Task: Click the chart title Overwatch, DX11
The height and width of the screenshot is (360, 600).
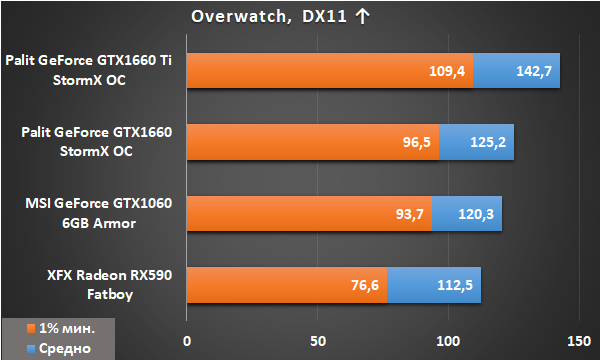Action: click(x=269, y=16)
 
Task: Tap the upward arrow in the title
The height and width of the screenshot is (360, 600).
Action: click(x=362, y=16)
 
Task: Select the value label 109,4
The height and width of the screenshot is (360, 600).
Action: click(x=447, y=71)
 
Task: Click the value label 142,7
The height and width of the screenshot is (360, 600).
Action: click(x=534, y=71)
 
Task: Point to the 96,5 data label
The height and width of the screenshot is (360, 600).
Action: click(x=416, y=142)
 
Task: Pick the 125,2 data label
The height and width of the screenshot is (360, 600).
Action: click(x=488, y=142)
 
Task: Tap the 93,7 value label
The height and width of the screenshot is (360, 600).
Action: click(x=409, y=214)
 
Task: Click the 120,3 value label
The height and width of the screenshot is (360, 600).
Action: click(x=476, y=214)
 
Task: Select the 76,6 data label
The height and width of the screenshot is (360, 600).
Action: click(x=365, y=285)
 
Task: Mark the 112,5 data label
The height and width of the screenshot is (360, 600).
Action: click(x=455, y=285)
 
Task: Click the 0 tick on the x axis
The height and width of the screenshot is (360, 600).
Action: click(x=187, y=341)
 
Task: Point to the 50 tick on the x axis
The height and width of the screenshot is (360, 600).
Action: click(x=318, y=341)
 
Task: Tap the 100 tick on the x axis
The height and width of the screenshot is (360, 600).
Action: click(x=448, y=341)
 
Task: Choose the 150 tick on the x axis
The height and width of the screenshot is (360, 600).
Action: click(x=579, y=341)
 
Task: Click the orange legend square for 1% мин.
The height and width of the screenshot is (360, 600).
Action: click(x=31, y=329)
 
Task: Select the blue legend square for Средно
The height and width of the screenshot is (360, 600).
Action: click(x=31, y=349)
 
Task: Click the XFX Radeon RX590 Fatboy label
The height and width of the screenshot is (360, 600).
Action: click(x=110, y=285)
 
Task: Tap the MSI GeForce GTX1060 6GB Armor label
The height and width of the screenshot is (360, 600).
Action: click(x=99, y=213)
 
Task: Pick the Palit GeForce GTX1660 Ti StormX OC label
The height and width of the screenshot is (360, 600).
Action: click(x=89, y=70)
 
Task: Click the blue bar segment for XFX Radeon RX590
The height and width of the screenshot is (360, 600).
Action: click(x=434, y=285)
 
